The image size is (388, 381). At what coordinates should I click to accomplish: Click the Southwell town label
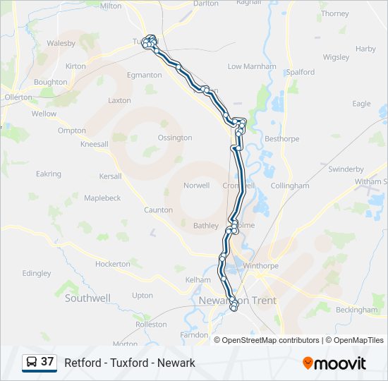pyautogui.click(x=87, y=298)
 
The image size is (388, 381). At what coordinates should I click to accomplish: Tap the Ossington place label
pyautogui.click(x=175, y=138)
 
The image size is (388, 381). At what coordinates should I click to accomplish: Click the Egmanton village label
pyautogui.click(x=144, y=75)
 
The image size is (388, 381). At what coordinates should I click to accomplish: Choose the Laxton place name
pyautogui.click(x=119, y=100)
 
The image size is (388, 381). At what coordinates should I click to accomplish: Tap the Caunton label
pyautogui.click(x=158, y=210)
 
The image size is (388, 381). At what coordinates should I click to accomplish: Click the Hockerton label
pyautogui.click(x=113, y=264)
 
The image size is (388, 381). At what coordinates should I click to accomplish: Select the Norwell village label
pyautogui.click(x=196, y=186)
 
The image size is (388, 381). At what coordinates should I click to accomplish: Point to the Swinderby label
pyautogui.click(x=346, y=169)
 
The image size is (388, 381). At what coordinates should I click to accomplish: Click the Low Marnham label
pyautogui.click(x=252, y=66)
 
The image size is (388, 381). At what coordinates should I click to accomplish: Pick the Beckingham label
pyautogui.click(x=357, y=310)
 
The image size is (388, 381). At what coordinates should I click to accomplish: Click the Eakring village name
pyautogui.click(x=49, y=174)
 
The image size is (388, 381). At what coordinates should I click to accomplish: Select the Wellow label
pyautogui.click(x=44, y=114)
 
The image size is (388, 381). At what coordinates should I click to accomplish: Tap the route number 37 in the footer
pyautogui.click(x=47, y=362)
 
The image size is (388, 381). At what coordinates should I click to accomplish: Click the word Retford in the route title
pyautogui.click(x=80, y=363)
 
